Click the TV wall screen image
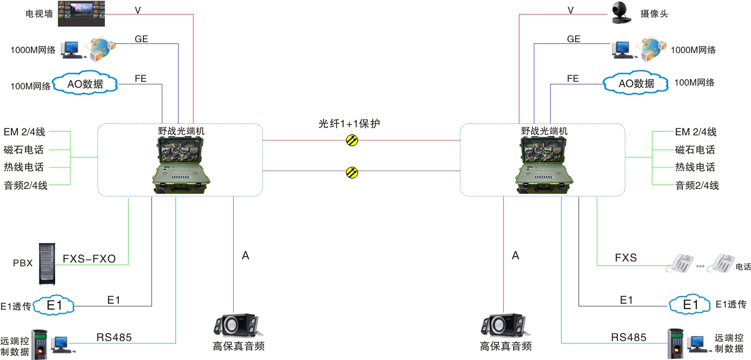80,12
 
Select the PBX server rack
49,264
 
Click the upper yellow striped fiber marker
352,141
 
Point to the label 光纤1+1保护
349,124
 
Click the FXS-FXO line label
89,259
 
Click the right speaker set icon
504,326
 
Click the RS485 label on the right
629,337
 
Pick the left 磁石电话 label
24,149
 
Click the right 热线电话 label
695,167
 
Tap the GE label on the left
141,39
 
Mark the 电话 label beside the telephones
743,267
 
